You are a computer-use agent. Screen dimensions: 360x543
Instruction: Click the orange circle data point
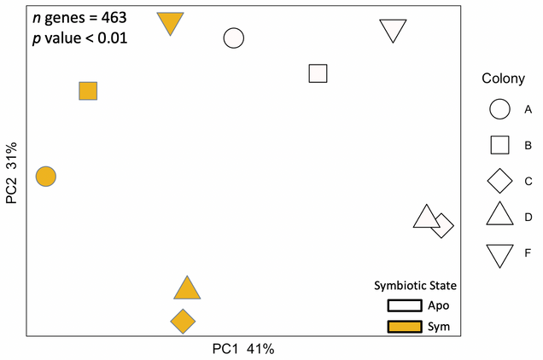46,177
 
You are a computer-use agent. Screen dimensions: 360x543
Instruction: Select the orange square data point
88,91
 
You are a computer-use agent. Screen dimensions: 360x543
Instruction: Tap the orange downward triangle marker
171,22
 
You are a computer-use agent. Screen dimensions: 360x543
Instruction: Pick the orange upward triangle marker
187,289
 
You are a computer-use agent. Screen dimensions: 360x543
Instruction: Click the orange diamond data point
182,322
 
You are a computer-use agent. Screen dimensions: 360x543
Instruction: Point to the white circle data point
234,38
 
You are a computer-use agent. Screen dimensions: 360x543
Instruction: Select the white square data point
318,73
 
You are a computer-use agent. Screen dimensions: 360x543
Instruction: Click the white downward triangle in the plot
393,29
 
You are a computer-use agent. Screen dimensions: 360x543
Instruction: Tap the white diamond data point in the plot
442,226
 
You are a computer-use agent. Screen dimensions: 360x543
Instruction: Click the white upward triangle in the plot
425,218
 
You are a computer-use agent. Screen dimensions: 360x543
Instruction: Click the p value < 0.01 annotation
79,38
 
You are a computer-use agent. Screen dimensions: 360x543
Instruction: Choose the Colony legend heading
504,78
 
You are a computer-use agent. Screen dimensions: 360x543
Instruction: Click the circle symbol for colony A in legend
499,109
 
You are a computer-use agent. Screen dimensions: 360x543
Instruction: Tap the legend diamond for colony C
499,181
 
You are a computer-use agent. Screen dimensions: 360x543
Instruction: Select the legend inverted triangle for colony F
499,253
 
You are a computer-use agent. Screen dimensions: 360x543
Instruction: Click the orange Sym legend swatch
405,327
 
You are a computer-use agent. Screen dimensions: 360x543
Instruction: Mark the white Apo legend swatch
405,305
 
